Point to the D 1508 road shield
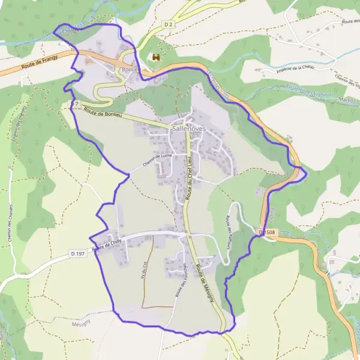269,231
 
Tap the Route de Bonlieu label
104,112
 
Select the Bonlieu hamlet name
130,70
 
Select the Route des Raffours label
229,231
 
